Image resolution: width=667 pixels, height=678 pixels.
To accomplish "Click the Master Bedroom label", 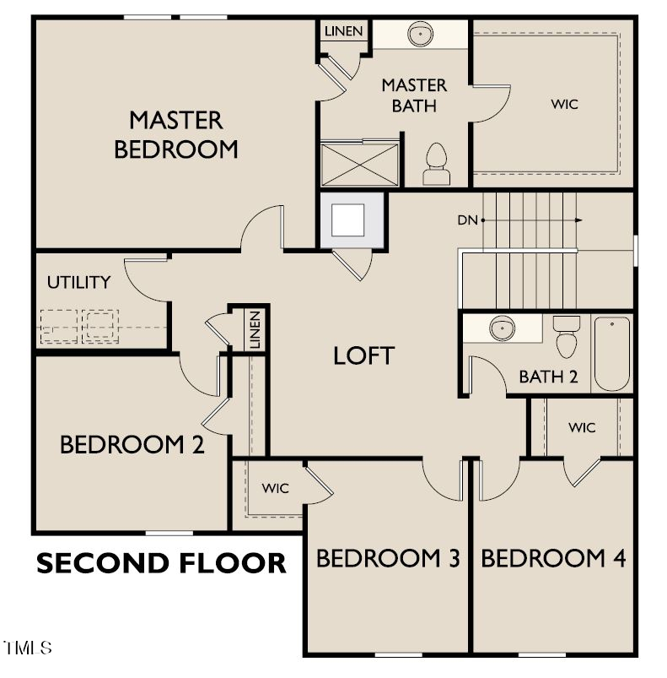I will pyautogui.click(x=175, y=134).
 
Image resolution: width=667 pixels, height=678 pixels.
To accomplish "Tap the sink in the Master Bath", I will pyautogui.click(x=419, y=35).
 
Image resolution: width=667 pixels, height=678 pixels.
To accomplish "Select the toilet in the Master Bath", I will pyautogui.click(x=436, y=164).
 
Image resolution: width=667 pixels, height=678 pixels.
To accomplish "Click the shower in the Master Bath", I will pyautogui.click(x=359, y=163).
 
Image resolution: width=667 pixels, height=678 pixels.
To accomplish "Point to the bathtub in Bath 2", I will pyautogui.click(x=611, y=353).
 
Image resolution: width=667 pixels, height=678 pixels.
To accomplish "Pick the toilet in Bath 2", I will pyautogui.click(x=567, y=336).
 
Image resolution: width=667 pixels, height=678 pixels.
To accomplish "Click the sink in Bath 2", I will pyautogui.click(x=503, y=328).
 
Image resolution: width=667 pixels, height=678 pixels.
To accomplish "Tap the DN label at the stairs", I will pyautogui.click(x=468, y=220).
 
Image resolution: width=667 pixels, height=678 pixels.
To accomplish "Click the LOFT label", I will pyautogui.click(x=363, y=355).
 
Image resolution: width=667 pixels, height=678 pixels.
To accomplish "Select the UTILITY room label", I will pyautogui.click(x=78, y=282).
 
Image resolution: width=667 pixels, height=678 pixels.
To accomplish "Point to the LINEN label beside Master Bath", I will pyautogui.click(x=343, y=31).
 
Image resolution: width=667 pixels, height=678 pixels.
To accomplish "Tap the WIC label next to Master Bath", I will pyautogui.click(x=565, y=104).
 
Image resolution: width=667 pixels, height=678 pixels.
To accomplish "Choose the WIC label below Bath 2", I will pyautogui.click(x=581, y=427).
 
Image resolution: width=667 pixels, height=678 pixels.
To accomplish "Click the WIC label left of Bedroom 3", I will pyautogui.click(x=275, y=488).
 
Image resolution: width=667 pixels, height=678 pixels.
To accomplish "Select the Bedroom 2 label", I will pyautogui.click(x=132, y=445).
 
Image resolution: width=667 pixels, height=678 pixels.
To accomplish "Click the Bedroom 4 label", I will pyautogui.click(x=553, y=558).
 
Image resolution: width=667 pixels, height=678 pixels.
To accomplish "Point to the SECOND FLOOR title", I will pyautogui.click(x=161, y=562).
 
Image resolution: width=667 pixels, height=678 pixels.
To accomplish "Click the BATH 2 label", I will pyautogui.click(x=548, y=377).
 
